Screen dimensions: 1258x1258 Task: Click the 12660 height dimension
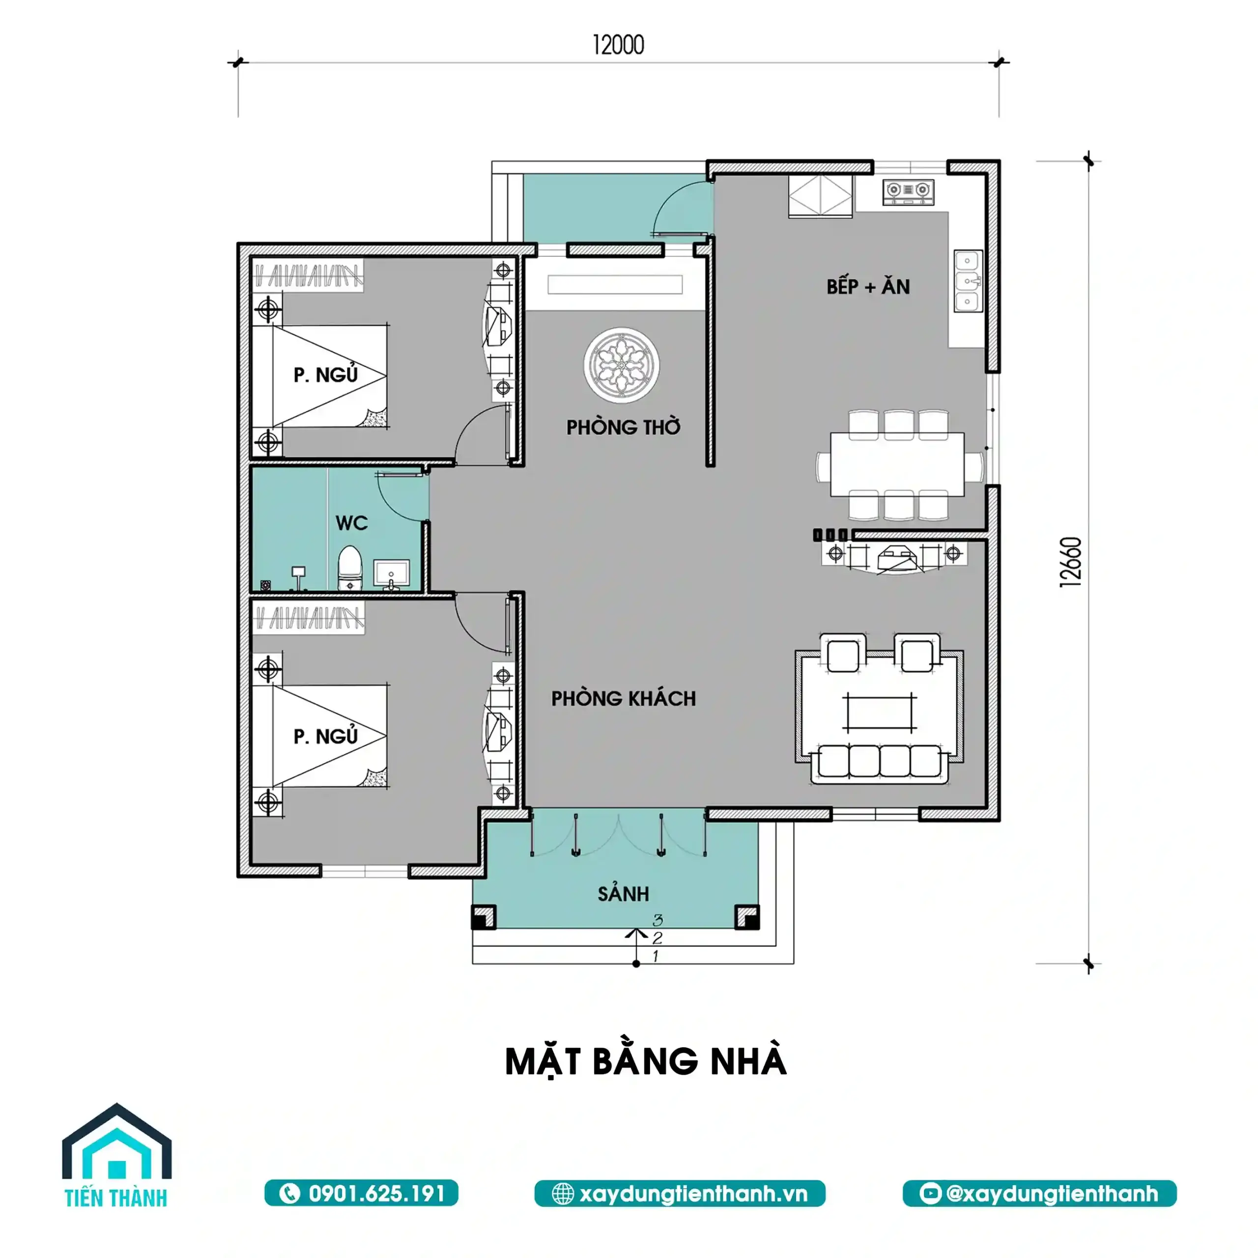pos(1071,562)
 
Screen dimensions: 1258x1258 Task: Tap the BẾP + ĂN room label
pos(868,286)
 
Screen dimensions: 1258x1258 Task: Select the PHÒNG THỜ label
pos(623,427)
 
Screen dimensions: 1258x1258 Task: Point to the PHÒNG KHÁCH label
pos(624,699)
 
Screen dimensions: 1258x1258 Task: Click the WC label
pos(352,522)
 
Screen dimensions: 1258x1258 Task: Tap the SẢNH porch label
pos(623,893)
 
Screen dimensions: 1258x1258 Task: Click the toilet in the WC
pos(350,568)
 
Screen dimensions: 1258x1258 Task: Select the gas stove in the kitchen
pos(908,190)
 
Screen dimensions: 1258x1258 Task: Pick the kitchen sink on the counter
pos(968,281)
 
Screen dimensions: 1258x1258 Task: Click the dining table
pos(897,464)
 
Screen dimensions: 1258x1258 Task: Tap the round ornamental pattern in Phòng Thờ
pos(621,365)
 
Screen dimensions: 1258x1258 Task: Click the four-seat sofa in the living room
pos(880,763)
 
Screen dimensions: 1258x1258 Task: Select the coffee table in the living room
pos(880,713)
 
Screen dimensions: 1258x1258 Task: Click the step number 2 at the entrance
pos(657,938)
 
